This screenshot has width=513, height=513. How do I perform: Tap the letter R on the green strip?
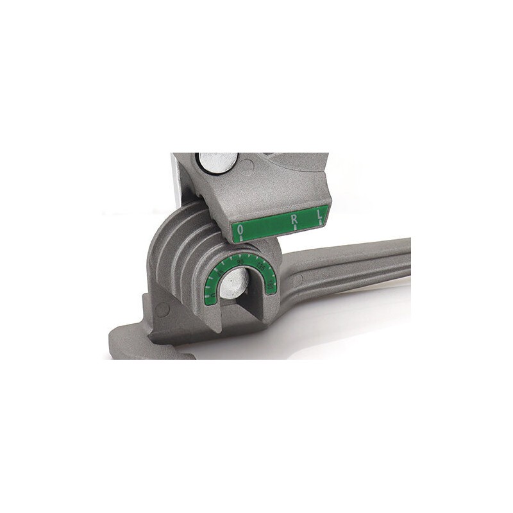[x=294, y=221]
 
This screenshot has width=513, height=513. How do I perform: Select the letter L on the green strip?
[x=317, y=217]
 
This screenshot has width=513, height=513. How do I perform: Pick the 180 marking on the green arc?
[x=273, y=281]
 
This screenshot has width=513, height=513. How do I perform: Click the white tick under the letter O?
[x=240, y=238]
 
